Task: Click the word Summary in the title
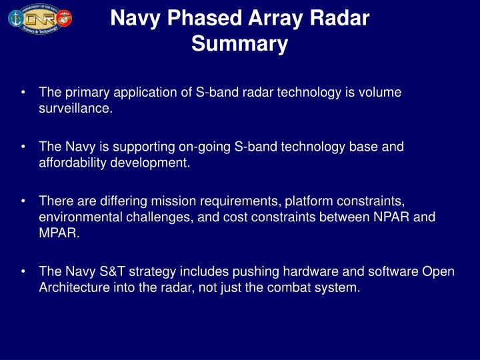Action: point(239,44)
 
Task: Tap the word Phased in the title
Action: point(204,18)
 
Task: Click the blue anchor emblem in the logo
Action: point(15,18)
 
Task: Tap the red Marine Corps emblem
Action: point(65,18)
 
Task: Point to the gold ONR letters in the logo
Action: point(40,18)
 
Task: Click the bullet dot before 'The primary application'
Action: point(23,93)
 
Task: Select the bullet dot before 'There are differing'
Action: point(23,201)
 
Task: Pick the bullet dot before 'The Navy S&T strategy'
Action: point(23,272)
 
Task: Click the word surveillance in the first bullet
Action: point(75,109)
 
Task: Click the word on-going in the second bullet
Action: point(209,147)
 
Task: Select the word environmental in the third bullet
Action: point(79,217)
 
